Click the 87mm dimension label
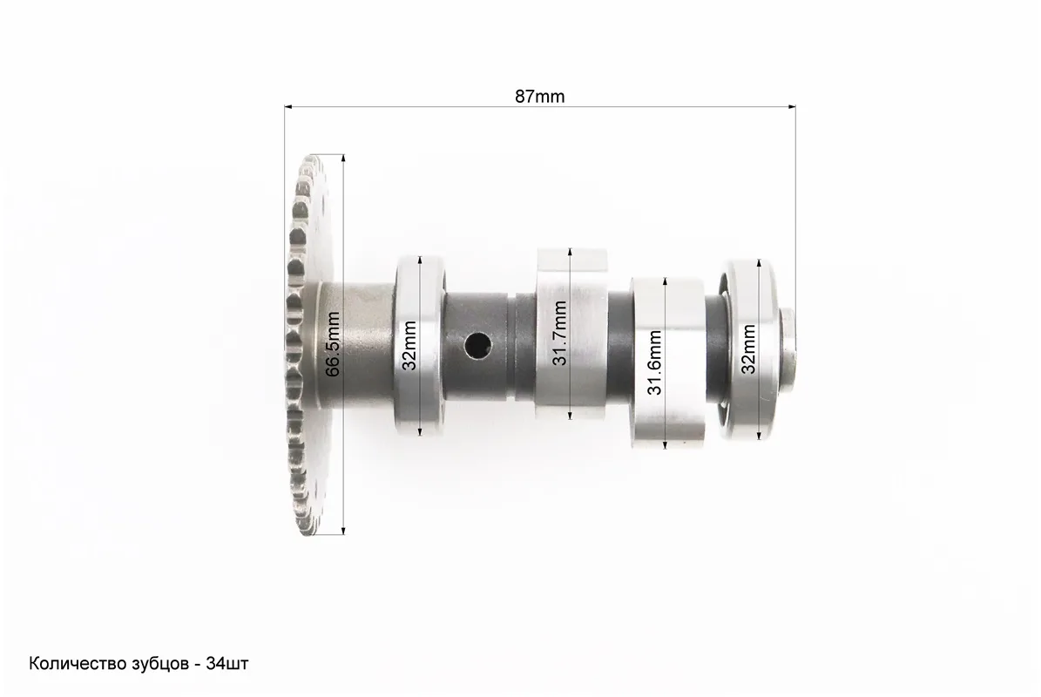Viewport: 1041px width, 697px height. click(540, 96)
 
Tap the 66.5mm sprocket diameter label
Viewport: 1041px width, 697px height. click(333, 344)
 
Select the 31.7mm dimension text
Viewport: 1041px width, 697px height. click(559, 333)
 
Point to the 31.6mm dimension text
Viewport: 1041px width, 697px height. click(655, 362)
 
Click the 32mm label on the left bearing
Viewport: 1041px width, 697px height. click(409, 345)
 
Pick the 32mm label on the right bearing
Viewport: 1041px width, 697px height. click(748, 349)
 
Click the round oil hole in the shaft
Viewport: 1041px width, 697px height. click(477, 343)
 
